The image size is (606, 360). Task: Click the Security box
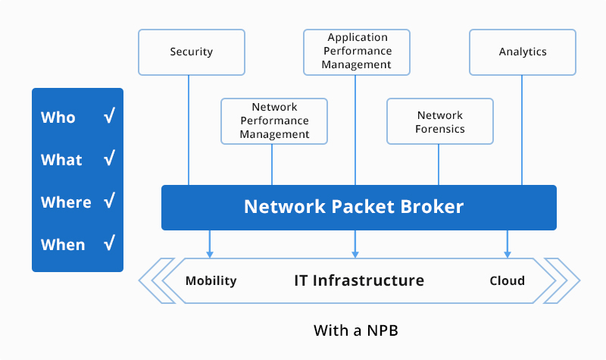[192, 52]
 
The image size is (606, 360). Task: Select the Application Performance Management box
[356, 52]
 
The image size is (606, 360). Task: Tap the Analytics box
[523, 52]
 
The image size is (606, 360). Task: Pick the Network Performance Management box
[274, 121]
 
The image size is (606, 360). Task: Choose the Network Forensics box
[440, 121]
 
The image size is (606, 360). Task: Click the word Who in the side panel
[58, 117]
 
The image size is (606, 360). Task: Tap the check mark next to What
[109, 159]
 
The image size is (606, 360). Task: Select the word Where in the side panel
[66, 202]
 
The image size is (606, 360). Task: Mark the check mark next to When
[109, 244]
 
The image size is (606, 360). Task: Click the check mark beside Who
[109, 117]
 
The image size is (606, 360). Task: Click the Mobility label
[211, 280]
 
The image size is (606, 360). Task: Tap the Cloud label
[507, 280]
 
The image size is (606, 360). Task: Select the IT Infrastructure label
[359, 280]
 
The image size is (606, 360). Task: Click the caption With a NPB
[355, 331]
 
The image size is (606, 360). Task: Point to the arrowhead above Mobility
[210, 253]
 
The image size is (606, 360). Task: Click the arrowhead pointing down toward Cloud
[507, 253]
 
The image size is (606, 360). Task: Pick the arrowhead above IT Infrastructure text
[356, 253]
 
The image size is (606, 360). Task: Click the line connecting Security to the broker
[189, 129]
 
